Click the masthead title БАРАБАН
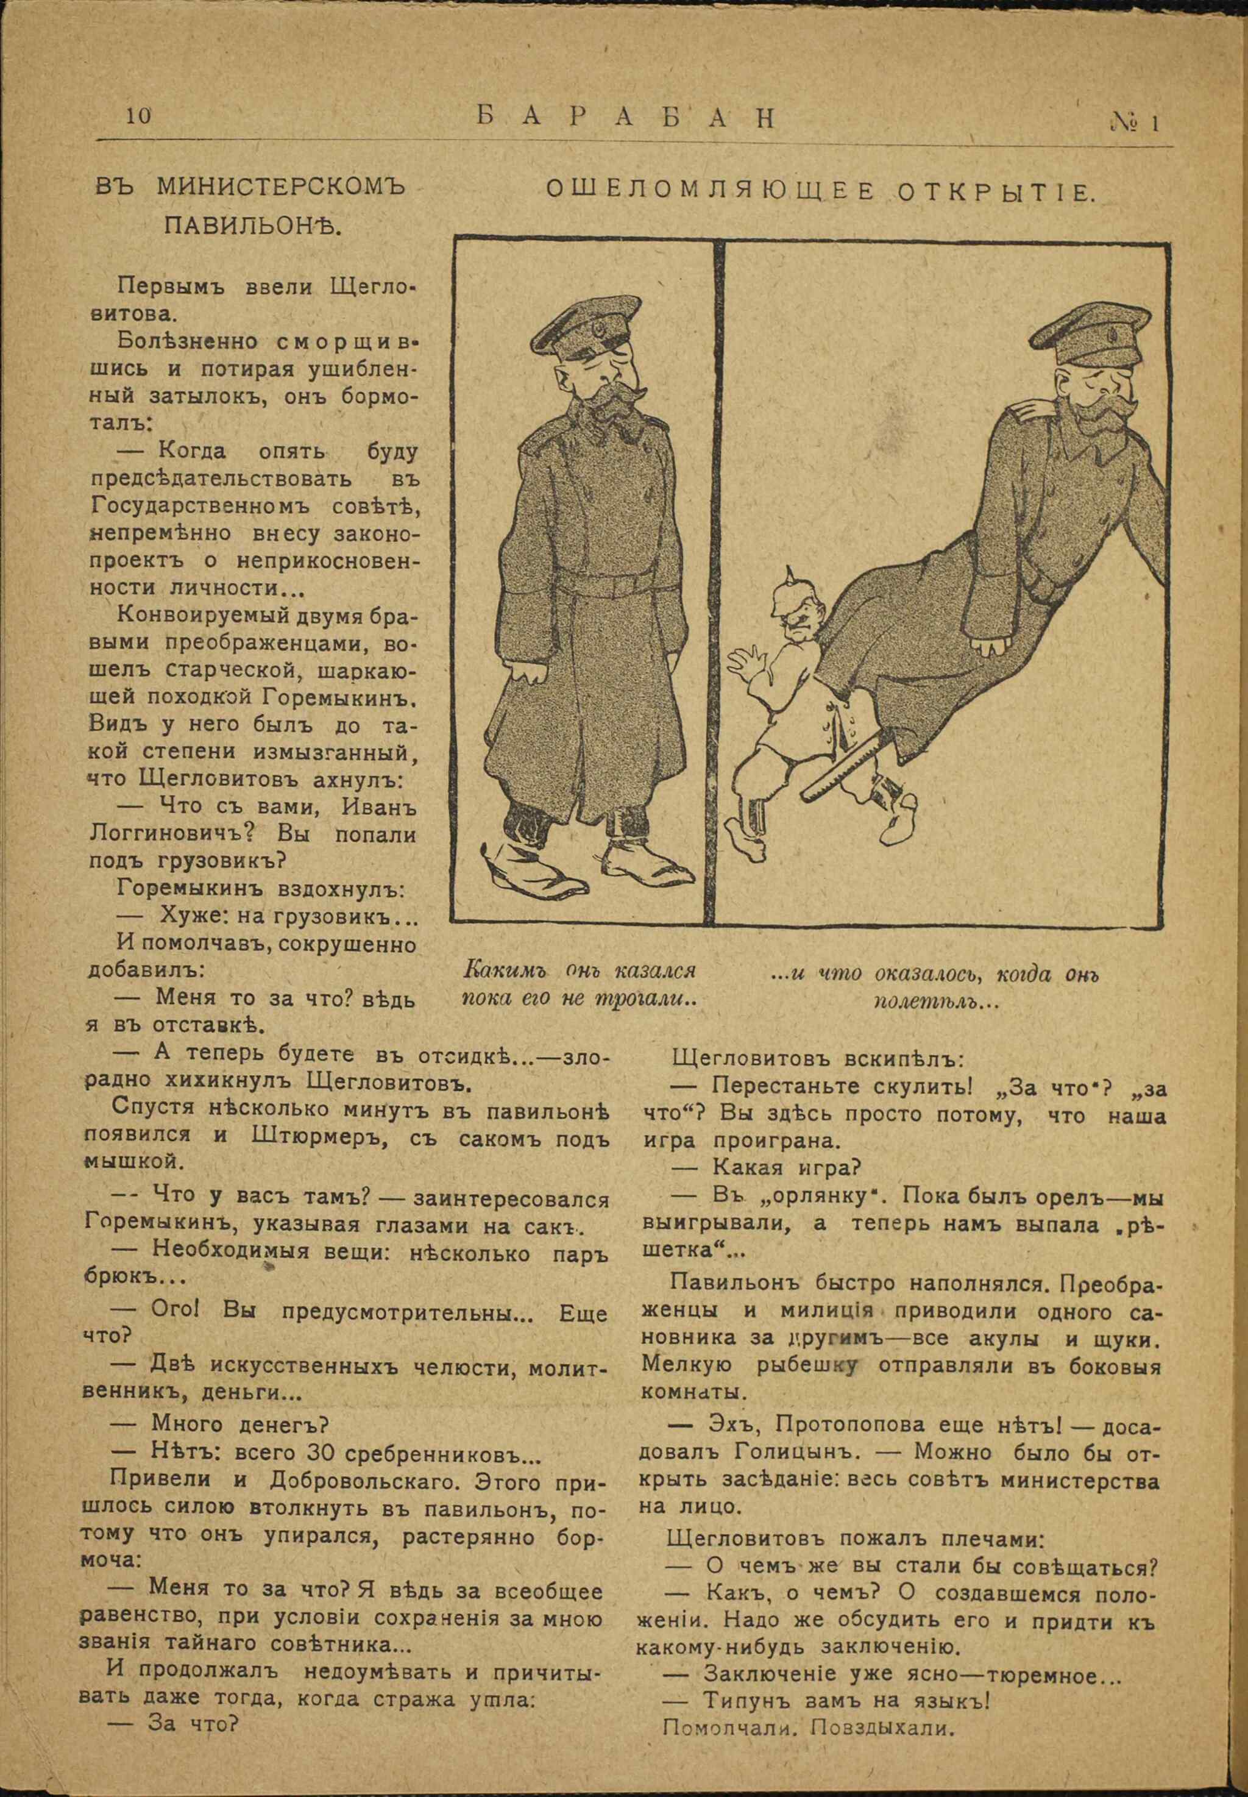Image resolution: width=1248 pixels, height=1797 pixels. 626,118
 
